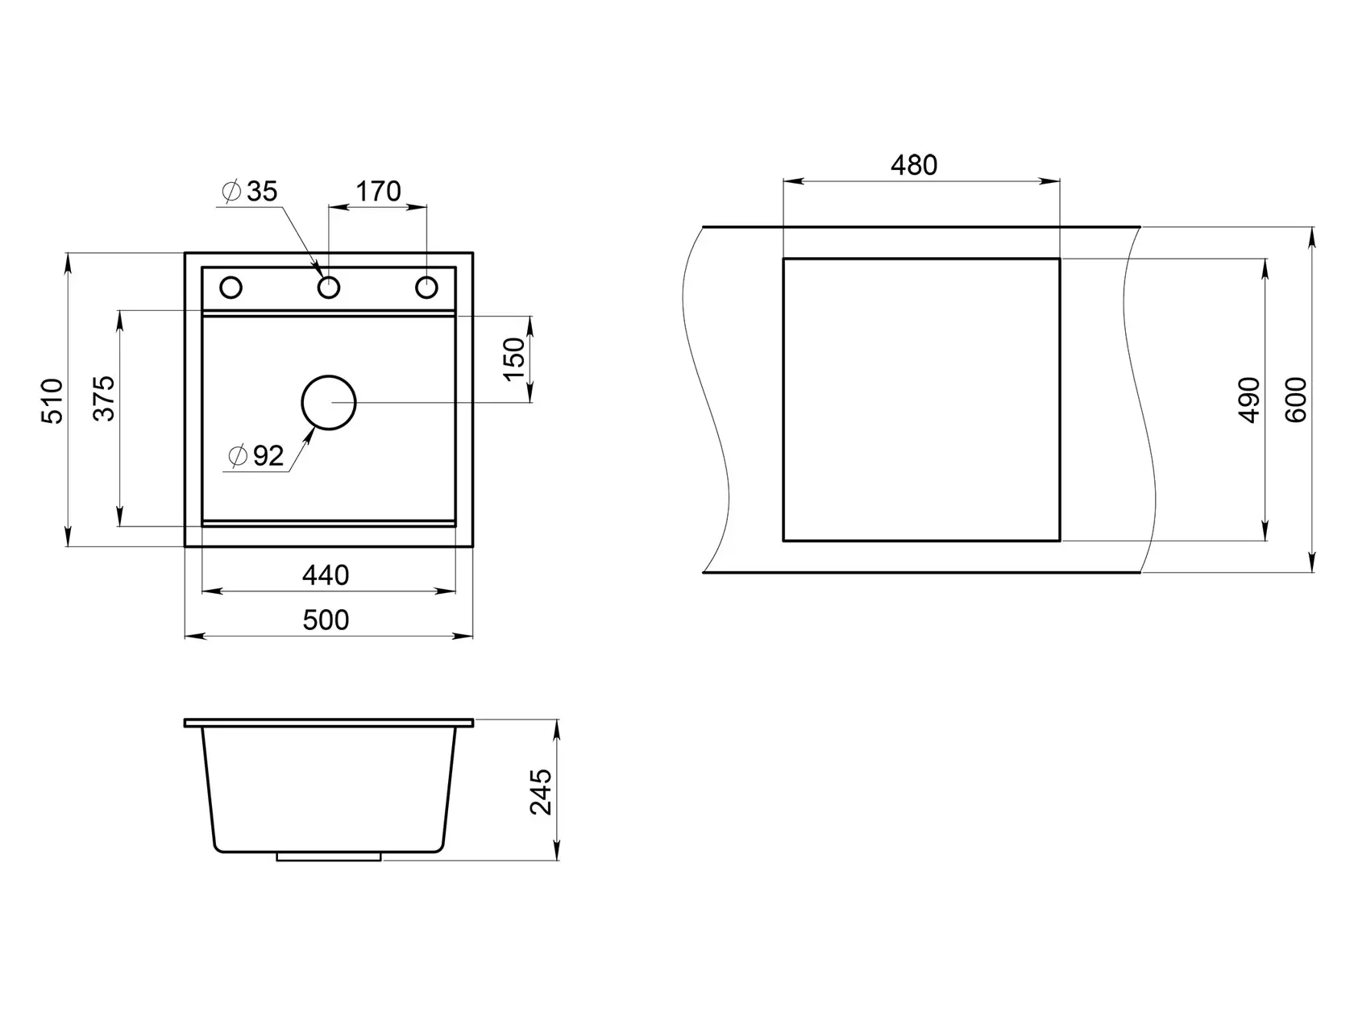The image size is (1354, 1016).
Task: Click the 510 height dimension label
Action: (x=52, y=400)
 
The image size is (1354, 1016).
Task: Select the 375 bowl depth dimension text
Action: (x=104, y=398)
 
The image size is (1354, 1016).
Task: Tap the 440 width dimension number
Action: (x=326, y=575)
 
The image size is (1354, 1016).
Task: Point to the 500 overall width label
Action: (x=326, y=620)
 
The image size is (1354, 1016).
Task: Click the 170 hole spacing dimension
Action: (x=378, y=192)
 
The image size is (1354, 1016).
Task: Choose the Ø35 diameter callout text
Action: (x=250, y=192)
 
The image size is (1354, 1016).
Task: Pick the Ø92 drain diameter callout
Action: (x=256, y=456)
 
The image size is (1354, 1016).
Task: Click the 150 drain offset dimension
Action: (x=514, y=359)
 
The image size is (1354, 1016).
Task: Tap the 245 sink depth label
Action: (x=541, y=792)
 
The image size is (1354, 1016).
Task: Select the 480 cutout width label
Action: (x=914, y=165)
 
